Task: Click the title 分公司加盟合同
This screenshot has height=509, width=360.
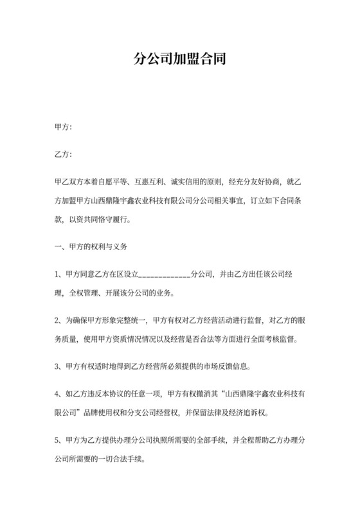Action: click(179, 61)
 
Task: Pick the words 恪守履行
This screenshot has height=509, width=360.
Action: click(112, 219)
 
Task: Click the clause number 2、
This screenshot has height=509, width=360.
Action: click(59, 320)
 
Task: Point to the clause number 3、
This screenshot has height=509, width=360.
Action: click(59, 367)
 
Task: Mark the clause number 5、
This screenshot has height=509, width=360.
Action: click(59, 441)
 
